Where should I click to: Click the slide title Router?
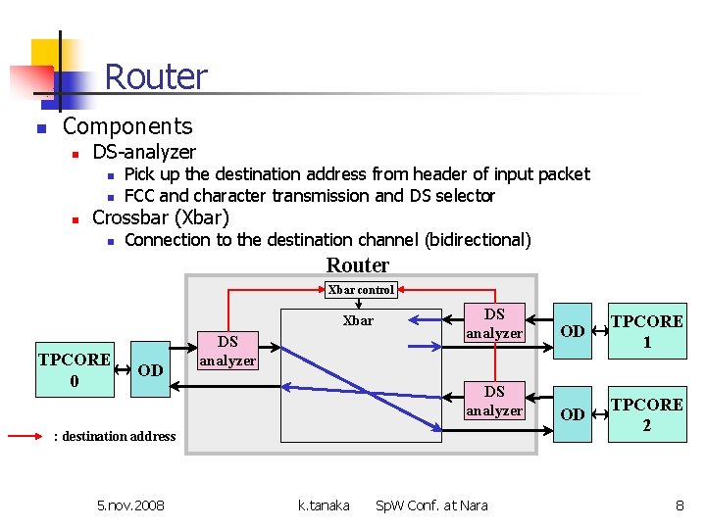tap(156, 76)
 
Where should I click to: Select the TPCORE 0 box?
tap(75, 370)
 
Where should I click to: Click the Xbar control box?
tap(361, 290)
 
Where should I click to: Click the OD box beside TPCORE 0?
tap(150, 370)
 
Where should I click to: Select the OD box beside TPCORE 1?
tap(573, 331)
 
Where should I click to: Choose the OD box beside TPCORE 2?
tap(573, 414)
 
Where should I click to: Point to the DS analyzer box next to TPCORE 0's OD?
tap(227, 351)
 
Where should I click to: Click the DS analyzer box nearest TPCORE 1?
tap(494, 324)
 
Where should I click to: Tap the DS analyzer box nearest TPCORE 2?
tap(494, 401)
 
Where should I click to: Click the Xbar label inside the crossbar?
tap(358, 320)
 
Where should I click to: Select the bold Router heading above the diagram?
tap(358, 265)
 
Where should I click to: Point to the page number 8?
tap(679, 505)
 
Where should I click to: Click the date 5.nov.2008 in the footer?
tap(131, 505)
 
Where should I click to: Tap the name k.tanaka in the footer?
tap(324, 505)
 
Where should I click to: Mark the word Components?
tap(127, 126)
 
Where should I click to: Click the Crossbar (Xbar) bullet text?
tap(161, 217)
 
